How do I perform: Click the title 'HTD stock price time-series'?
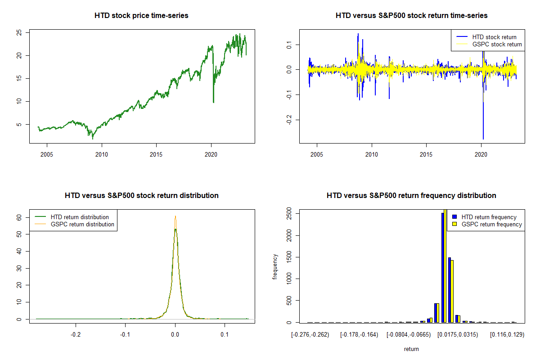coord(141,16)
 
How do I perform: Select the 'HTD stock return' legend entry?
coord(494,37)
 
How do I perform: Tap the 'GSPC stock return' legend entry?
coord(497,45)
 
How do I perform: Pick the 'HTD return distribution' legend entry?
coord(80,217)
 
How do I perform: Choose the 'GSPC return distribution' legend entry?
coord(82,224)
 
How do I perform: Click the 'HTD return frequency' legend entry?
coord(489,217)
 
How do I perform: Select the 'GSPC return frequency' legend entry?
coord(492,224)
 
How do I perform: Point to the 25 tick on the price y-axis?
coord(19,32)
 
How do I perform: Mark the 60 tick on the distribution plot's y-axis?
coord(19,217)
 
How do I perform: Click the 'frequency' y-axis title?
coord(275,267)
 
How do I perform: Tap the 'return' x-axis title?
coord(411,349)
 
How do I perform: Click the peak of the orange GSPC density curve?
coord(175,216)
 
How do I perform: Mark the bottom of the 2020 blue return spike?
coord(483,139)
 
